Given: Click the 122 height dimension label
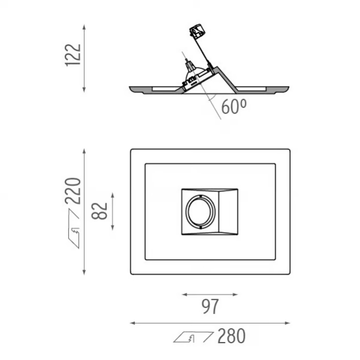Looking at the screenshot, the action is point(73,55).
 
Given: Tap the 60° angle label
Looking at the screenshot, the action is point(234,107).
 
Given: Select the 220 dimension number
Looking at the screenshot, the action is point(73,191).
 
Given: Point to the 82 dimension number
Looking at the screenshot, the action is point(100,211).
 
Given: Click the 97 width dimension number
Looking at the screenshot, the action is point(210,306).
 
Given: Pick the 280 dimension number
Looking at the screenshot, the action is point(232,336).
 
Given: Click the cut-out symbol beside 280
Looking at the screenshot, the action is point(193,337).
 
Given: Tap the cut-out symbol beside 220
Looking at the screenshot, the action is point(74,229).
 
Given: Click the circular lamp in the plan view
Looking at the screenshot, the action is point(201,211).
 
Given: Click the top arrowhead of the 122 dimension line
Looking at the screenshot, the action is point(84,27).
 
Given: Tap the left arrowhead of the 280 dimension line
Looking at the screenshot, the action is point(133,323).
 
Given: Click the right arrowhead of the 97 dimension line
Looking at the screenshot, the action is point(235,294).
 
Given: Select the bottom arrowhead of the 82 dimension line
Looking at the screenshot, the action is point(113,227).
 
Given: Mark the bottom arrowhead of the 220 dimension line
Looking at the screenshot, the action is point(84,272).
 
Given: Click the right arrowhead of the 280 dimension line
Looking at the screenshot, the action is point(287,323).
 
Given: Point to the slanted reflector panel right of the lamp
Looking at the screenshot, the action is point(227,212).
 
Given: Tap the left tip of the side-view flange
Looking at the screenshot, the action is point(130,87).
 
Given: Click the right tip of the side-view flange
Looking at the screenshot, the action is point(289,87).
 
